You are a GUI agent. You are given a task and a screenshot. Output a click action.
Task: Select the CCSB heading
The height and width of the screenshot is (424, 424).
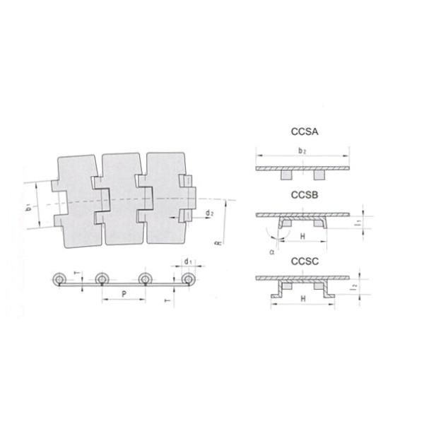click(304, 194)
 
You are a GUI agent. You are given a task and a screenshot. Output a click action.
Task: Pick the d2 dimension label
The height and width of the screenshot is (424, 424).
click(210, 213)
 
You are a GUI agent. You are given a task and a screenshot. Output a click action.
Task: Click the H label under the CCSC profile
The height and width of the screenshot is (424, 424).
click(302, 300)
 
